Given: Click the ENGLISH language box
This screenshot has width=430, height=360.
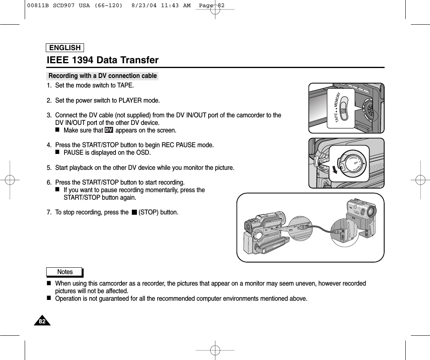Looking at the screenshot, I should (65, 48).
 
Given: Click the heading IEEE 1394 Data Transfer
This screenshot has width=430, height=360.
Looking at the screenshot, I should (103, 60).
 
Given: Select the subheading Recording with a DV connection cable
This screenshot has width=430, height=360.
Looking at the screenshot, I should (102, 76).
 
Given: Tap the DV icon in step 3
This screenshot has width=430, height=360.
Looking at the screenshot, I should (109, 130).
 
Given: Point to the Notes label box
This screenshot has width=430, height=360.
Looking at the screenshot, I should (64, 272).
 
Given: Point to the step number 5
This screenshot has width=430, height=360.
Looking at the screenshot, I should (49, 167).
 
